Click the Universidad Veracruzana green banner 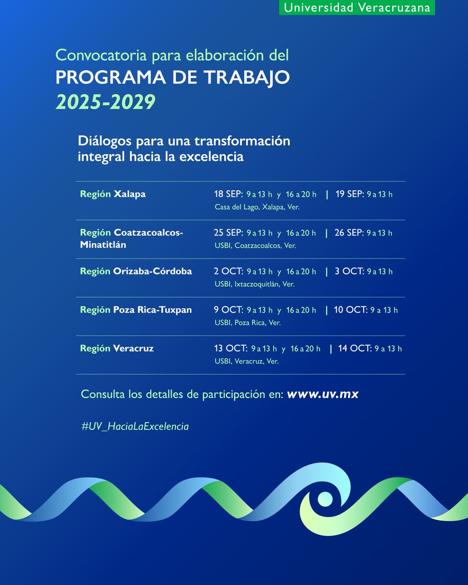[x=357, y=7]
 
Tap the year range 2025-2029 [x=105, y=101]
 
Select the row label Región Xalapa [x=113, y=194]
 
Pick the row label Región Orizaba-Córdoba [x=136, y=271]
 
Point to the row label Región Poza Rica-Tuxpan [x=136, y=310]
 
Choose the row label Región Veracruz [x=117, y=348]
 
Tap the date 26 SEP [x=349, y=233]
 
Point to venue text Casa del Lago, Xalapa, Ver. [x=257, y=207]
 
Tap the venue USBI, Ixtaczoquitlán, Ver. [x=254, y=284]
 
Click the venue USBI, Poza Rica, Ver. [x=248, y=322]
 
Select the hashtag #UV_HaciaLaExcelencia [x=135, y=426]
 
